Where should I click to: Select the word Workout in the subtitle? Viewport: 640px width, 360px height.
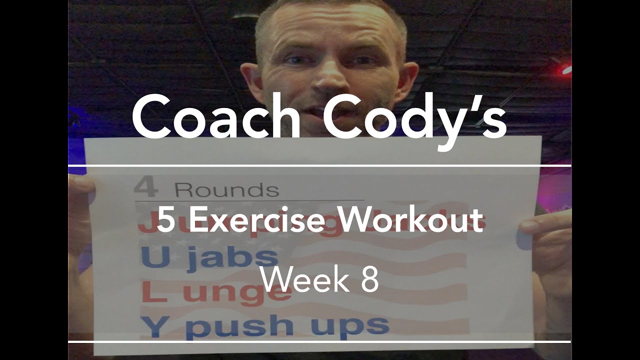click(x=404, y=221)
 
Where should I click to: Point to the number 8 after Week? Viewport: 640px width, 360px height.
click(x=369, y=280)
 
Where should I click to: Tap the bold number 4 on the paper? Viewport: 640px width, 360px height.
click(x=146, y=189)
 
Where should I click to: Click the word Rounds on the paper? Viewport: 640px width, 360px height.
click(x=226, y=190)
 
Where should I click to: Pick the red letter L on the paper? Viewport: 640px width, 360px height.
click(x=151, y=292)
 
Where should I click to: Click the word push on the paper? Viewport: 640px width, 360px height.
click(x=243, y=326)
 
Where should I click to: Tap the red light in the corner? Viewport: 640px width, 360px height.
click(x=566, y=69)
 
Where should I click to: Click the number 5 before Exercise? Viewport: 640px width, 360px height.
click(x=164, y=221)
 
